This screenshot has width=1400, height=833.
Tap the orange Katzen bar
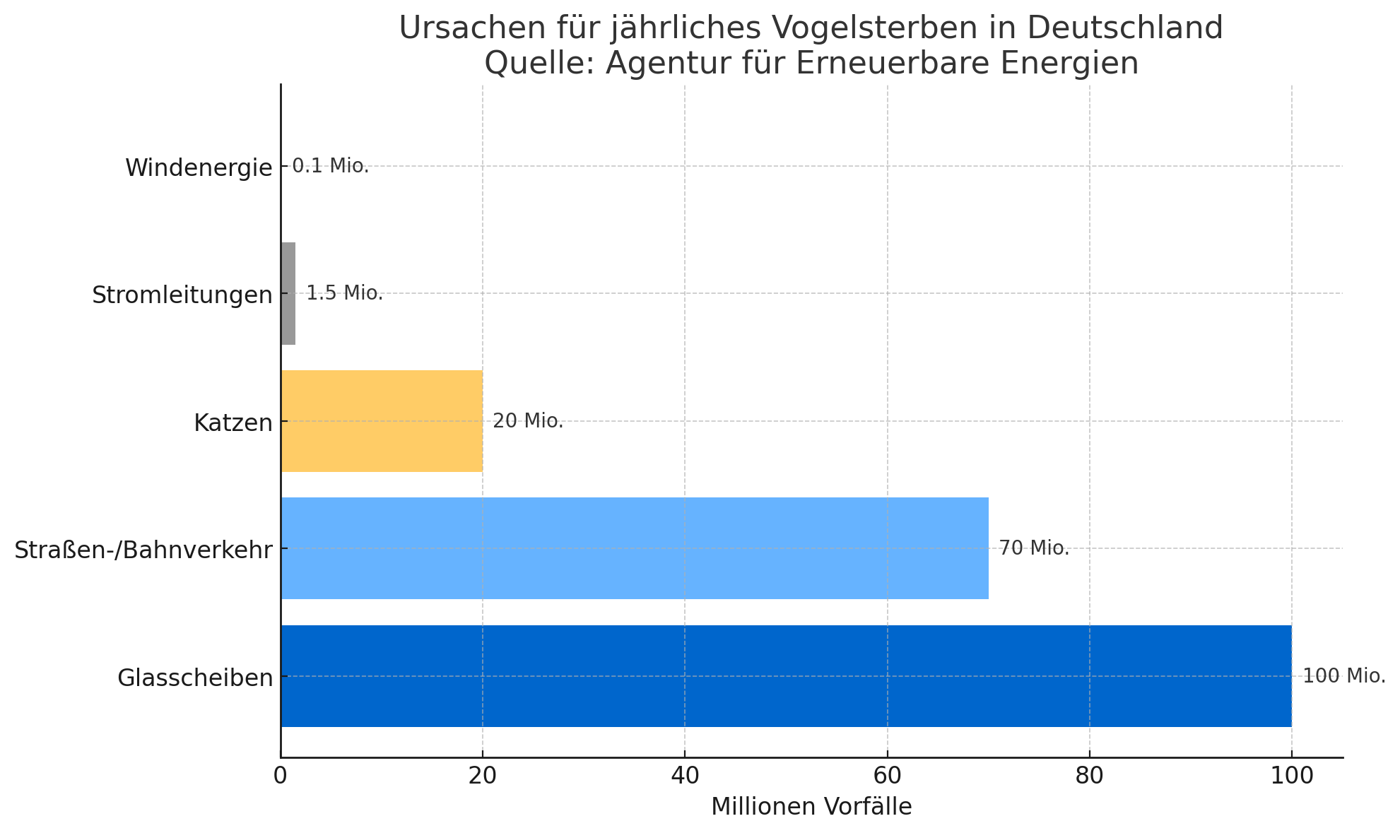coord(382,421)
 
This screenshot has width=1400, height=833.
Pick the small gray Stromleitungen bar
coord(288,294)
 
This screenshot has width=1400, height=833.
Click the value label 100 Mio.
coord(1343,676)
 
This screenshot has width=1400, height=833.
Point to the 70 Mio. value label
coord(1034,548)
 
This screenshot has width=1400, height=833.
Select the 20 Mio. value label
coord(528,421)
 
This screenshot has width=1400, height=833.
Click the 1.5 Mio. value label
coord(345,293)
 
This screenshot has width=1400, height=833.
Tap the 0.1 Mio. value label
coord(331,166)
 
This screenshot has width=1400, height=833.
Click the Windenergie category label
coord(199,168)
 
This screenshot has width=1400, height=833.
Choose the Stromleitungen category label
coord(182,295)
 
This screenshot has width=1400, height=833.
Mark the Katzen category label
coord(233,423)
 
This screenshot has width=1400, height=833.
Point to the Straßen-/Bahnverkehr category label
coord(143,550)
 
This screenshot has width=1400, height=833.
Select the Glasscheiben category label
coord(195,678)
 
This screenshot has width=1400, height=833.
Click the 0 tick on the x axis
coord(281,776)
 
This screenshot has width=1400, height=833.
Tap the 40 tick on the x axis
coord(685,776)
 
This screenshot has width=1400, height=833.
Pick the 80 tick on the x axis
coord(1090,776)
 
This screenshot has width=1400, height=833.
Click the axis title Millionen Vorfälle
coord(811,807)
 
